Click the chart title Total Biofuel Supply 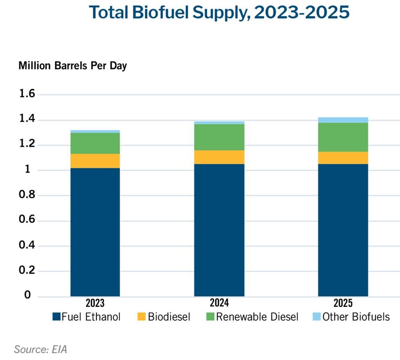click(219, 13)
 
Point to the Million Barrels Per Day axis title click(72, 65)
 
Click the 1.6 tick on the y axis click(27, 94)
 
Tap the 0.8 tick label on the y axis click(27, 195)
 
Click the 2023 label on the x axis click(95, 303)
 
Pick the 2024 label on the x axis click(219, 303)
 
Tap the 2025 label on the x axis click(343, 303)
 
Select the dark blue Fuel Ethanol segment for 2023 click(95, 232)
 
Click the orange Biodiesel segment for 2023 click(95, 161)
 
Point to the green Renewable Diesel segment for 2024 click(219, 137)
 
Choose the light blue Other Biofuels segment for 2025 click(343, 120)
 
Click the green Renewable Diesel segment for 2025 click(343, 137)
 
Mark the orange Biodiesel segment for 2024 click(219, 157)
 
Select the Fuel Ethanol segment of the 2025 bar click(343, 230)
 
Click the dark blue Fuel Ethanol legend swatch click(56, 316)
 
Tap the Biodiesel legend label click(169, 317)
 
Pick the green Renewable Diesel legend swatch click(210, 316)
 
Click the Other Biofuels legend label click(356, 317)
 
